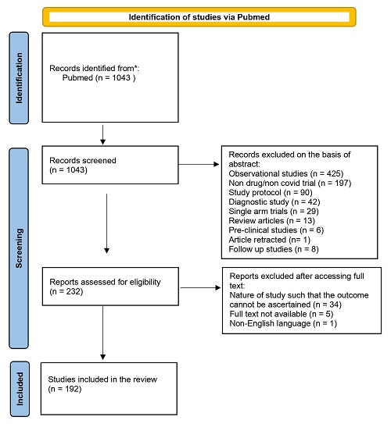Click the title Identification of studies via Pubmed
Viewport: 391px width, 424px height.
click(199, 17)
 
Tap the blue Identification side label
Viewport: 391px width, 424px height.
click(19, 78)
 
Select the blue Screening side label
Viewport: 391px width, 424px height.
click(19, 248)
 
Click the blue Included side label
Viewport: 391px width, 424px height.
click(20, 389)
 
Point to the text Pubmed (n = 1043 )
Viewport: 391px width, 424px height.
click(99, 78)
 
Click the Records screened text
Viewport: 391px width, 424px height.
click(83, 160)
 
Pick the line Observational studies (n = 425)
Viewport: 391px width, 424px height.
click(286, 173)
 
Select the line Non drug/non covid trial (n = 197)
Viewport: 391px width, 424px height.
click(290, 183)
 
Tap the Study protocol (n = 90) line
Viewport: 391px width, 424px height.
click(271, 193)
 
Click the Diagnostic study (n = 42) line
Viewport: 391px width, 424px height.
click(274, 202)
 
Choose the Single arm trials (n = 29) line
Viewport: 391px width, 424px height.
click(274, 211)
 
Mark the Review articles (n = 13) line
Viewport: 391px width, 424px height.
click(272, 221)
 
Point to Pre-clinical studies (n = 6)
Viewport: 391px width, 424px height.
click(276, 230)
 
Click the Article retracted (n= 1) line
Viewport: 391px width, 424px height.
click(270, 240)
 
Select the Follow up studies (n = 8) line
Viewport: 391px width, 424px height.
click(274, 249)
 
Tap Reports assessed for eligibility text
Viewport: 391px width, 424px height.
click(105, 282)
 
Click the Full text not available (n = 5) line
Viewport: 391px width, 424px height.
click(282, 314)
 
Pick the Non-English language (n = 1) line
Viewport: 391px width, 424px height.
click(283, 323)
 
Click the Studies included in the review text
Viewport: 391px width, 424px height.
click(102, 379)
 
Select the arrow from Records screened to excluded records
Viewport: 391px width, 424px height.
click(199, 164)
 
